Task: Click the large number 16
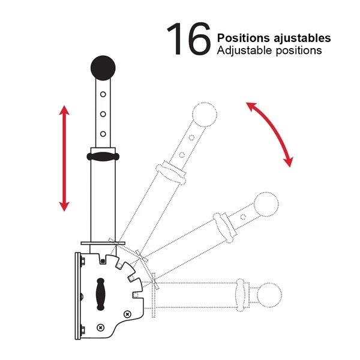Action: tap(189, 39)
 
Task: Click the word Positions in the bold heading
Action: tap(244, 38)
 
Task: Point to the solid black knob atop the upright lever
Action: tap(103, 68)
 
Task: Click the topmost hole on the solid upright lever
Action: tap(103, 94)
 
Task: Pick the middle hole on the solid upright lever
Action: tap(103, 114)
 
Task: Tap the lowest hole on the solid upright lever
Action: tap(103, 134)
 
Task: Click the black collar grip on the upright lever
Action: tap(103, 157)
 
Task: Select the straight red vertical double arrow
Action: tap(64, 158)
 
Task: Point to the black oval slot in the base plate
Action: tap(100, 294)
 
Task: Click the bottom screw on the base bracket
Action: tap(101, 328)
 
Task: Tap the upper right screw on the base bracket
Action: tap(127, 314)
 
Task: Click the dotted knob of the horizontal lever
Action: tap(269, 295)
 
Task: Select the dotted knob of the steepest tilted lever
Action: tap(205, 115)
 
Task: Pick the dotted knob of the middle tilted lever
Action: tap(266, 205)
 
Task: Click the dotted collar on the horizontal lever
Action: tap(241, 295)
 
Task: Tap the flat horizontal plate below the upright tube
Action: tap(103, 243)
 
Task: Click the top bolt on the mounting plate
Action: tap(82, 261)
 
